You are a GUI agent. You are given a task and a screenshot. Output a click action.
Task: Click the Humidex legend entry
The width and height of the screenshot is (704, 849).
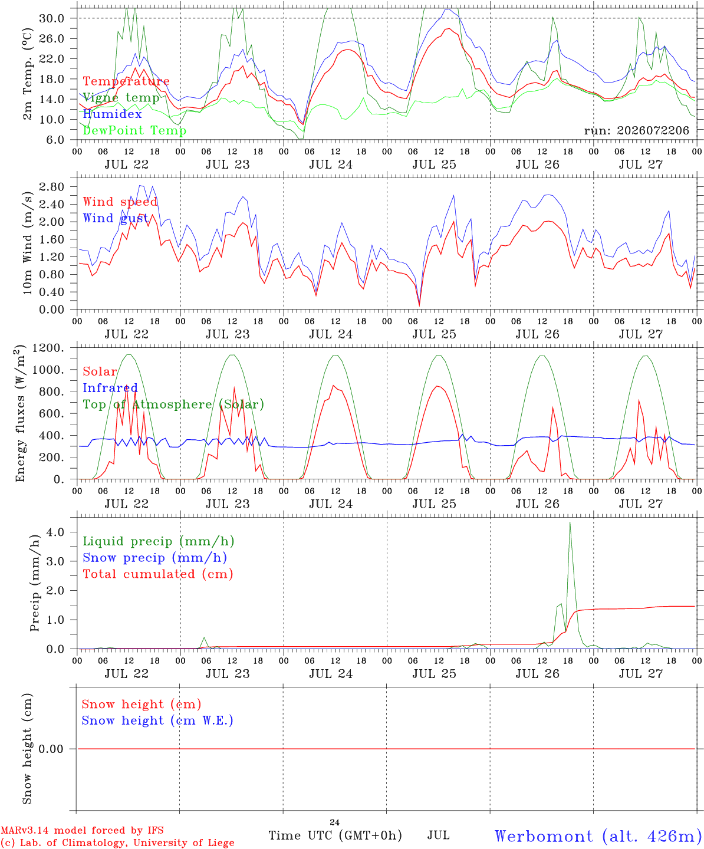coord(112,114)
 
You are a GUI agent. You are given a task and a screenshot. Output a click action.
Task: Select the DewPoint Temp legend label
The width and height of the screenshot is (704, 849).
coord(134,130)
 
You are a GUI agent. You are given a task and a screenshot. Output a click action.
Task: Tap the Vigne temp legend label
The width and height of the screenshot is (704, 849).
coord(121,98)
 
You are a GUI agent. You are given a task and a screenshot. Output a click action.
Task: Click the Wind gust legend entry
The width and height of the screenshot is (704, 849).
coord(116,218)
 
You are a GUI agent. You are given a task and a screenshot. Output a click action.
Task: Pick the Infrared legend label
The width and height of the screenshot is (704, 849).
coord(110,388)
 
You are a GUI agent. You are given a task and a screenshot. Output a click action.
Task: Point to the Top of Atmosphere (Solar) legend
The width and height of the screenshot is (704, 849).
coord(174,404)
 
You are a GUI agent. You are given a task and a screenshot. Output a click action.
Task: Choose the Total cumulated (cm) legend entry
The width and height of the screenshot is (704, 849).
coord(158,574)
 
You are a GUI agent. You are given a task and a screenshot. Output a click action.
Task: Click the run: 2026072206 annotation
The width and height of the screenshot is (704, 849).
coord(636,130)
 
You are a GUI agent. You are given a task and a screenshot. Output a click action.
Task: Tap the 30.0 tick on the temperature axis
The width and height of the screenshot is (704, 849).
coord(52,18)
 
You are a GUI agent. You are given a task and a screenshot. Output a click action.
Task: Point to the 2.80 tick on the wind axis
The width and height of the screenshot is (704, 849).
coord(52,187)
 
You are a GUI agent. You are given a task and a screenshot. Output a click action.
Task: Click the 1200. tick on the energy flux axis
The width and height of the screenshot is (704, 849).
coord(48,348)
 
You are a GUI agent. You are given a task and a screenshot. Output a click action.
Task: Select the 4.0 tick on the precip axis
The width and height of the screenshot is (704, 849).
coord(55,532)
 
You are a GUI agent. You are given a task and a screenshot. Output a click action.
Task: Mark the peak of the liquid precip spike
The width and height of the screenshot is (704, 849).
coord(570,523)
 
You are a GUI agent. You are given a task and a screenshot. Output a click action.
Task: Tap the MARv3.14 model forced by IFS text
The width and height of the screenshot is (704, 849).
coord(82,830)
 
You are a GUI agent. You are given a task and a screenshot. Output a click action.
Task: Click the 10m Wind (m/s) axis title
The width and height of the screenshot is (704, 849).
coord(27,242)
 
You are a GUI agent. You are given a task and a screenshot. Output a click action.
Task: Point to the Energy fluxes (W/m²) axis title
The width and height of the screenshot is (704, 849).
coord(20,413)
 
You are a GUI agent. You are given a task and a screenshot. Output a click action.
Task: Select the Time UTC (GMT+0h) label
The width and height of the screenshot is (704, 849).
coord(335,836)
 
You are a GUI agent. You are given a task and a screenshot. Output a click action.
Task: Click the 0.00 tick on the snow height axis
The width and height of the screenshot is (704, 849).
coord(52,749)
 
